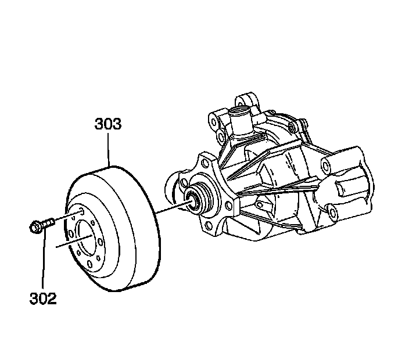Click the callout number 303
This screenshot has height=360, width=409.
coord(108,124)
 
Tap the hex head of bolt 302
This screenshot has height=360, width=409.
coord(35,226)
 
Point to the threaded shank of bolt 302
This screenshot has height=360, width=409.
coord(48,221)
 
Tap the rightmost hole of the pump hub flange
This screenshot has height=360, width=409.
coord(230,204)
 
